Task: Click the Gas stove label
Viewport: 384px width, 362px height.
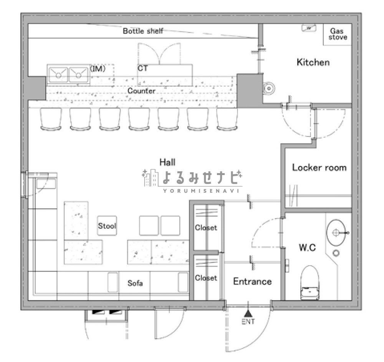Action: [338, 34]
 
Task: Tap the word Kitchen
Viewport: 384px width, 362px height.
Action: [313, 62]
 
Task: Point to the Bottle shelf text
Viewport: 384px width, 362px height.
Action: [143, 31]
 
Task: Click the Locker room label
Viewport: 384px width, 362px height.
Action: [319, 168]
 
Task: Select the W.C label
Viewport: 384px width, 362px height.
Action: [307, 248]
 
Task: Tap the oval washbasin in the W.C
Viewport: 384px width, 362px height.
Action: [336, 233]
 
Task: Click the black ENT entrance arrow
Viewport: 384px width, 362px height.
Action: [248, 313]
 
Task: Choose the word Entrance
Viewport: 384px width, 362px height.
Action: [252, 281]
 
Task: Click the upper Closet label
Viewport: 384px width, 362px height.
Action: [206, 228]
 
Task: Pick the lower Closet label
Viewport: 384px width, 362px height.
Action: [206, 278]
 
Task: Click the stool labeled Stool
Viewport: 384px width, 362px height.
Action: [107, 226]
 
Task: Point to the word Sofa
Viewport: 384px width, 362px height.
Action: [135, 283]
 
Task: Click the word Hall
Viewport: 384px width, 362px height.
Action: [167, 162]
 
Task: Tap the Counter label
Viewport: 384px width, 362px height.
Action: [141, 91]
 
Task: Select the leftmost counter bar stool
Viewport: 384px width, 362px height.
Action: [51, 119]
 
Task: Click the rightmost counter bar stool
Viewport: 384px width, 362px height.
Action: [227, 119]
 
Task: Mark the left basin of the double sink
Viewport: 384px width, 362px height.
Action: [58, 74]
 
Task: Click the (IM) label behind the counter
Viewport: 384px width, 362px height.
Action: [98, 69]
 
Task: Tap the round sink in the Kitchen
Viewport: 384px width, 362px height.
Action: [269, 88]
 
